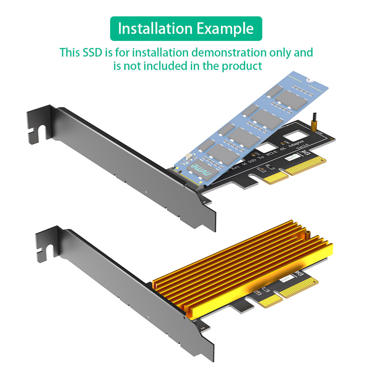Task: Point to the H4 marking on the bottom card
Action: [x=203, y=327]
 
